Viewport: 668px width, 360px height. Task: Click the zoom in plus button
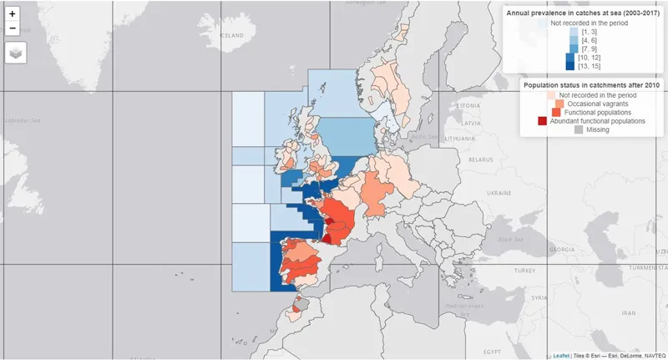point(13,13)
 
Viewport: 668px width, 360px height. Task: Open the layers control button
point(16,52)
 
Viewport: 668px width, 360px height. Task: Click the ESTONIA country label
point(468,106)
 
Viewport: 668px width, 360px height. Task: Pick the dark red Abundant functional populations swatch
point(543,121)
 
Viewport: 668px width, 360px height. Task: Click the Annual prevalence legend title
point(585,14)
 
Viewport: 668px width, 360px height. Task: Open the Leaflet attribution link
point(561,355)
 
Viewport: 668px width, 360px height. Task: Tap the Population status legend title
point(591,85)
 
